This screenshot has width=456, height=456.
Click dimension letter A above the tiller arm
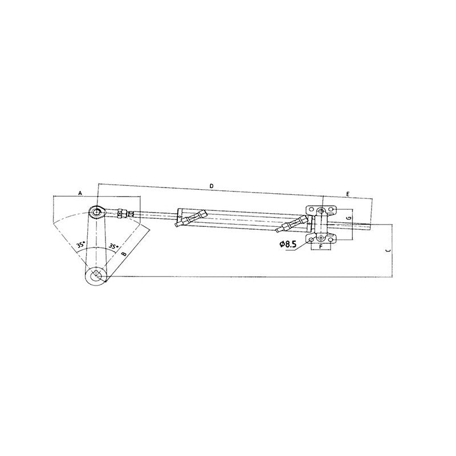coord(80,194)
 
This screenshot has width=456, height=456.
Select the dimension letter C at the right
coord(387,250)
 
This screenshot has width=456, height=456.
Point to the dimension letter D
coord(211,186)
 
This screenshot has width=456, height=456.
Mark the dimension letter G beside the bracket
coord(349,218)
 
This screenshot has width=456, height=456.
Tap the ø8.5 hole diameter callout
coord(288,244)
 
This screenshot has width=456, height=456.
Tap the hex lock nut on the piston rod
coord(121,214)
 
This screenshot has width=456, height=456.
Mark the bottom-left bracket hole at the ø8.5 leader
coord(311,239)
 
